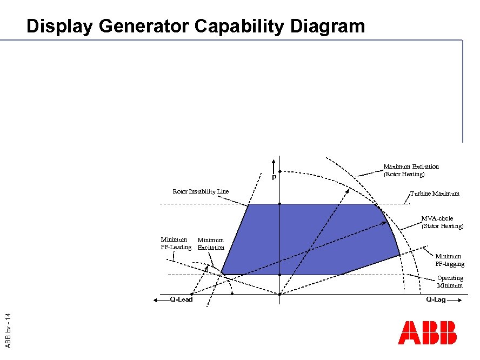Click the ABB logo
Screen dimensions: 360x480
coord(427,332)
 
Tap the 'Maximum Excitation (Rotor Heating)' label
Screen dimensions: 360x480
coord(411,170)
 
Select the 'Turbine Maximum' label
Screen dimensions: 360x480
coord(435,194)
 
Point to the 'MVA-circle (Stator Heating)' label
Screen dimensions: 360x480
coord(442,222)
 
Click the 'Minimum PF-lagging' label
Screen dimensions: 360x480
coord(449,260)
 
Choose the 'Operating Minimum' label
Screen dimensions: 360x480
coord(450,282)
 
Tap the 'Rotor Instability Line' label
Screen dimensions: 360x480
coord(201,191)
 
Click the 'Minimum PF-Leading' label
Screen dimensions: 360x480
coord(176,243)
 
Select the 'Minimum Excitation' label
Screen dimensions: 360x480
coord(211,244)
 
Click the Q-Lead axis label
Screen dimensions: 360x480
coord(181,299)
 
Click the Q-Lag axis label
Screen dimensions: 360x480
coord(436,299)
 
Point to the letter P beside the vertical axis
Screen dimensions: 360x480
coord(274,178)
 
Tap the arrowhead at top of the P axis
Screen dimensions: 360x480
coord(274,161)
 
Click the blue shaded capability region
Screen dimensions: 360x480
coord(314,238)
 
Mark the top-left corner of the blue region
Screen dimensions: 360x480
coord(248,204)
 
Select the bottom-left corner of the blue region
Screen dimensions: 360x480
coord(221,275)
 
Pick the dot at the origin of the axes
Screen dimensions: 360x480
coord(279,295)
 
